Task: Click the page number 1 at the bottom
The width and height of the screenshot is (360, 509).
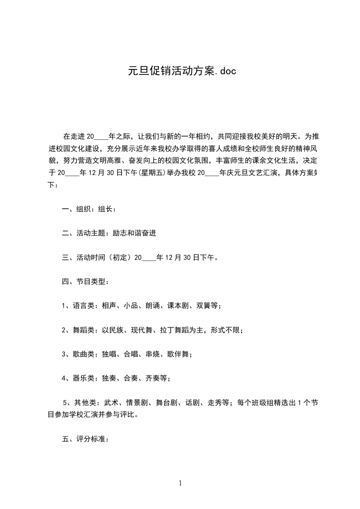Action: point(180,483)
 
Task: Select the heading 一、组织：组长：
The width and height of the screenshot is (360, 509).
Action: point(89,209)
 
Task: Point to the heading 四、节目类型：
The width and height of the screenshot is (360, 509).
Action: point(85,282)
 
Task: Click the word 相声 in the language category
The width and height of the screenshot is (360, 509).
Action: point(109,306)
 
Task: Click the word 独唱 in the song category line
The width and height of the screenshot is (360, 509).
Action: point(109,354)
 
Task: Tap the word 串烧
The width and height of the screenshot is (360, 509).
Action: point(153,354)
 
